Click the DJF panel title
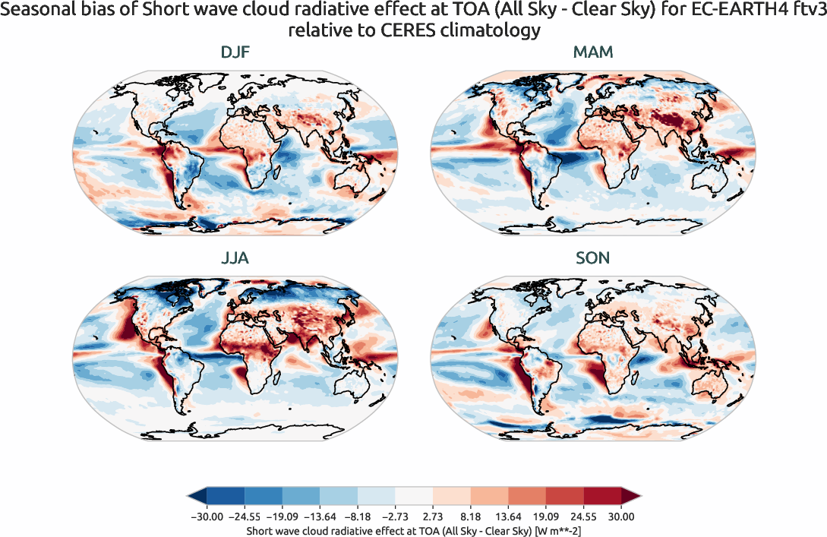coord(235,52)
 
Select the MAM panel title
coord(593,52)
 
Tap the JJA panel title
coord(235,258)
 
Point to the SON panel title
coord(593,258)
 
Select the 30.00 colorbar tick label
coord(620,516)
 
